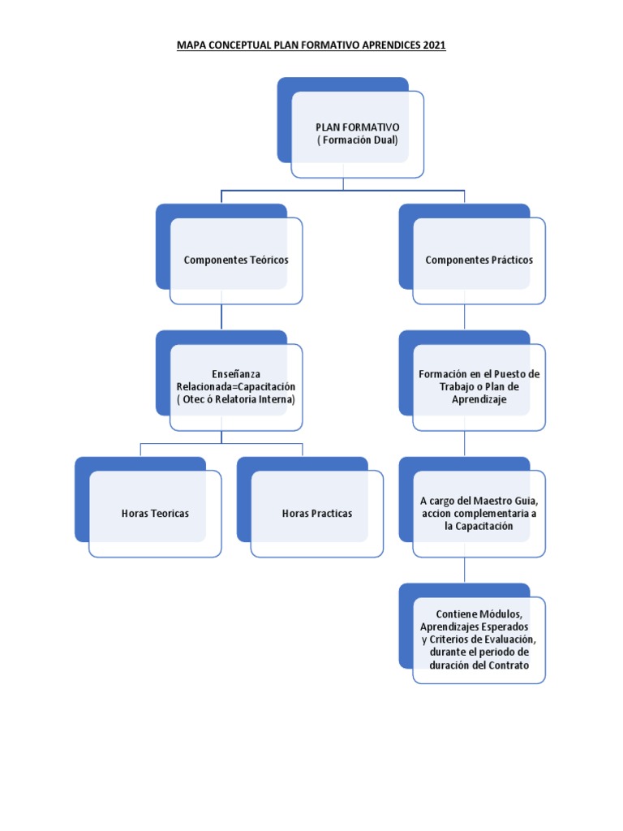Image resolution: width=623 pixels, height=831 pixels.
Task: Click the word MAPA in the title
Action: (192, 45)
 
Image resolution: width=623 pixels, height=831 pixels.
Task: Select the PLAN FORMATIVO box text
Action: (357, 128)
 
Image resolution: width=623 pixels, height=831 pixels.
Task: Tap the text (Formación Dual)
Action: (357, 140)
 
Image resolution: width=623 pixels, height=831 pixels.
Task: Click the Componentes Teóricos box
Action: (236, 260)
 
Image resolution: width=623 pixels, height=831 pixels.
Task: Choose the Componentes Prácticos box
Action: (479, 260)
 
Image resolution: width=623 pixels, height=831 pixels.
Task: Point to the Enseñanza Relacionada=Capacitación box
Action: (236, 386)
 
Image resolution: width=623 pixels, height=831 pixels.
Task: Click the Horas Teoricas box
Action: (155, 514)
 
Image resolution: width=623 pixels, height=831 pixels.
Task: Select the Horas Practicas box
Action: (317, 514)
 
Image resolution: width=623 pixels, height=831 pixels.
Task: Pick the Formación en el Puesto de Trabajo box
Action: (479, 386)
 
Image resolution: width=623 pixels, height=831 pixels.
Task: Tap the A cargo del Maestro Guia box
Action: (479, 514)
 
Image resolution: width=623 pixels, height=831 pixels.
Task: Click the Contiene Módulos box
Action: (479, 639)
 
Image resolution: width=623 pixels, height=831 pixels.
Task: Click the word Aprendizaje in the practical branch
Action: (479, 400)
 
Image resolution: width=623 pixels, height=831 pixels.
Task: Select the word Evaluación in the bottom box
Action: (508, 639)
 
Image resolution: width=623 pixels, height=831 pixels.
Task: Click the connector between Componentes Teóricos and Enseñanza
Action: (221, 317)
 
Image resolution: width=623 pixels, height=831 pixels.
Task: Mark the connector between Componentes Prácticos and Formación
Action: (464, 317)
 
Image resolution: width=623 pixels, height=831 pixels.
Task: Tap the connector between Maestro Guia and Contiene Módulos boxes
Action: (464, 570)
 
